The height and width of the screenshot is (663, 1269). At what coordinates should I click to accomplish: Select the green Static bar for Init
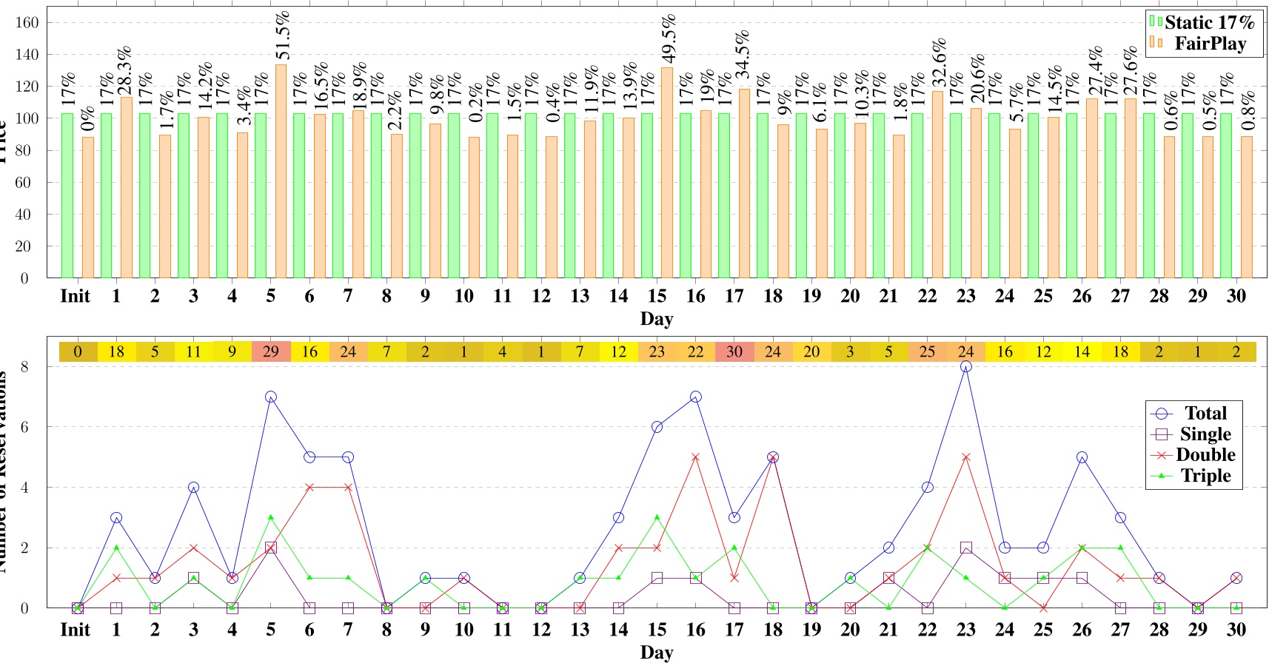click(67, 196)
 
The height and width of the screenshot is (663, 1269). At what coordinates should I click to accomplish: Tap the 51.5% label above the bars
click(282, 36)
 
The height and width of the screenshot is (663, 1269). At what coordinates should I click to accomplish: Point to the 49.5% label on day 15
click(669, 38)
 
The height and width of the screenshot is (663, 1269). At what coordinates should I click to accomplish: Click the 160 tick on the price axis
click(27, 23)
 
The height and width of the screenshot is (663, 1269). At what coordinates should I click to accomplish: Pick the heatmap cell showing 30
click(734, 351)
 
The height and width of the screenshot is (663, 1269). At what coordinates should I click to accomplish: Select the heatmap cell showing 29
click(271, 351)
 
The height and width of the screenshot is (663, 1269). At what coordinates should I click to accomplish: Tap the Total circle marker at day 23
click(966, 367)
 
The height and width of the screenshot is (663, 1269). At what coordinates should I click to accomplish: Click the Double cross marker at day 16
click(696, 457)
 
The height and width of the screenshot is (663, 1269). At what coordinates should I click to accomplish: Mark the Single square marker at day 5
click(271, 548)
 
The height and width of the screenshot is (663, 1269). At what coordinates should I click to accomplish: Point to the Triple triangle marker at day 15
click(657, 517)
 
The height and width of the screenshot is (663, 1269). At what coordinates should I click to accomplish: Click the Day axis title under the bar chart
click(656, 319)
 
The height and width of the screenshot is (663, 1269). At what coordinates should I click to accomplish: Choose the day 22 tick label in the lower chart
click(927, 630)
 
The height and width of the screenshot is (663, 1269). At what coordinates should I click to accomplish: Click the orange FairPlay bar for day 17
click(744, 184)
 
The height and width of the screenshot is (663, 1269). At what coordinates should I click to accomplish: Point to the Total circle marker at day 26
click(1082, 457)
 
